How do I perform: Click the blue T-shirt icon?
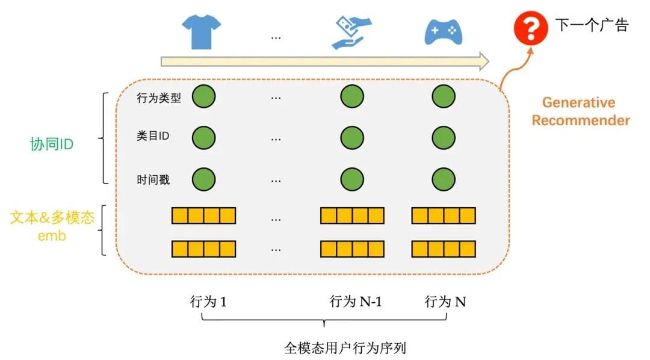pos(202,32)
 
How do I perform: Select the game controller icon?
pos(443,32)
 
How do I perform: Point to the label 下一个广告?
pos(592,25)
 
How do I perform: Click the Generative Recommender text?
pos(580,111)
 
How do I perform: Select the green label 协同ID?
pos(52,144)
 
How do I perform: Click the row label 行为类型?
pos(159,98)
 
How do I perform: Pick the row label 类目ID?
pos(153,137)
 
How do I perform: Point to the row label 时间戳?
pos(153,179)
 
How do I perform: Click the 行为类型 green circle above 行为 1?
pos(203,97)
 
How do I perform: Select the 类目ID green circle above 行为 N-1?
pos(351,137)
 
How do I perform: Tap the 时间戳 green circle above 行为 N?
pos(444,179)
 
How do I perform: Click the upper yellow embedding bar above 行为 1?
pos(203,216)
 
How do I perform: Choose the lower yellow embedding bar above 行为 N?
pos(444,249)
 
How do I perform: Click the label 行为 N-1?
pos(356,302)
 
